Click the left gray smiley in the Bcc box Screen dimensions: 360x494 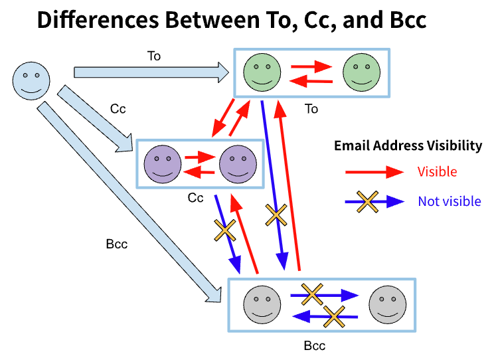click(261, 304)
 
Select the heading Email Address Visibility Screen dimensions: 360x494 click(408, 146)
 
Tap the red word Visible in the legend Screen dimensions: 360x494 click(437, 172)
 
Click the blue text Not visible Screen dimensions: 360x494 click(450, 201)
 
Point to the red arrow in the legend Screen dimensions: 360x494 click(374, 172)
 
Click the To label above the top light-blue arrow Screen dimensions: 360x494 click(153, 56)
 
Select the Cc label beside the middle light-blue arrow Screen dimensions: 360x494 click(118, 108)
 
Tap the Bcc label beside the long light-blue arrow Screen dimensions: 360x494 click(116, 244)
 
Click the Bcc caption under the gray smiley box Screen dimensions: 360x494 click(315, 347)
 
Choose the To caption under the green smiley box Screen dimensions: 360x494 click(311, 108)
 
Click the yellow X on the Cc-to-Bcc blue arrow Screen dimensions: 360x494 click(225, 230)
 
